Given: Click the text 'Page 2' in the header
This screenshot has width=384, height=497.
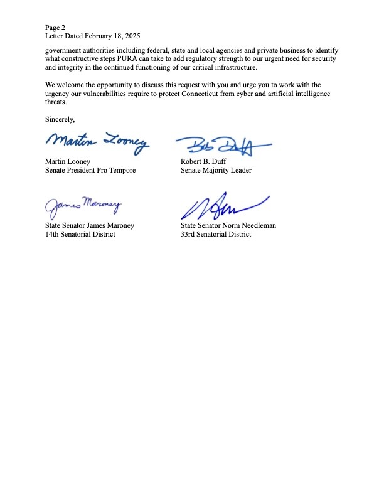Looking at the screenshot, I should pos(55,28).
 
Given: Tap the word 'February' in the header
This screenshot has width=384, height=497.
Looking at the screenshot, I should pos(100,36).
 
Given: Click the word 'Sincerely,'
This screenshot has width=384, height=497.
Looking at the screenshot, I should pos(60,119).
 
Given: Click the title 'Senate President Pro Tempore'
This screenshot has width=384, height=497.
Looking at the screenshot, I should pos(90,170).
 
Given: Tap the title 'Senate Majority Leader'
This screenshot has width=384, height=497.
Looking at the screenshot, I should pos(216,170).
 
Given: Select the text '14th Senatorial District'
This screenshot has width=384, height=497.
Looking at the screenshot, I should pos(80,234).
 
